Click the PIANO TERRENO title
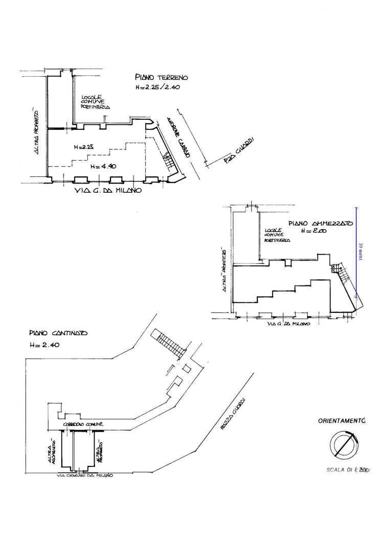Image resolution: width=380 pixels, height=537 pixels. point(162,78)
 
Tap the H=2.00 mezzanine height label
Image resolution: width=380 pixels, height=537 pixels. point(313,231)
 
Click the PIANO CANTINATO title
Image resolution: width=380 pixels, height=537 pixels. point(58,332)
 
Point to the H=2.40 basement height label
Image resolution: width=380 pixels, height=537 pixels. point(44,345)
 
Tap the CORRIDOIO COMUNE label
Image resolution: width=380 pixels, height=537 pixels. point(85,424)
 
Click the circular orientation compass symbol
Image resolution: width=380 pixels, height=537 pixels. point(341,443)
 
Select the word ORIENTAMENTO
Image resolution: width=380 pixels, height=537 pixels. point(341,421)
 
